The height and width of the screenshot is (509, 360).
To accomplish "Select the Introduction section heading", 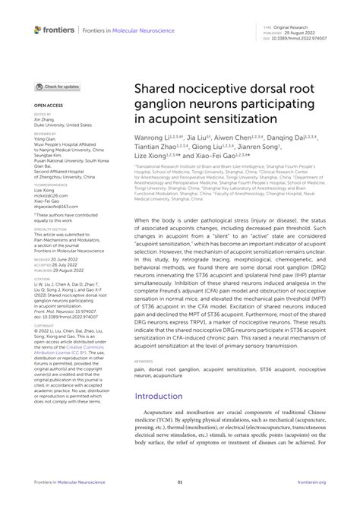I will [164, 396].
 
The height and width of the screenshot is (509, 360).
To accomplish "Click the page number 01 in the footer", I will [180, 482].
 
